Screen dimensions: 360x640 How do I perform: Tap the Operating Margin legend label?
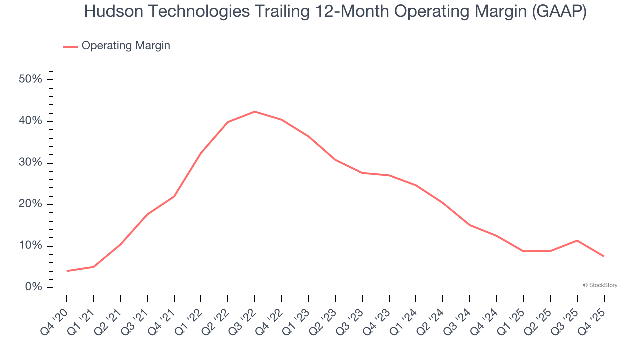point(126,46)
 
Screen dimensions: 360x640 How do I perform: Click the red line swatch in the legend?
point(70,46)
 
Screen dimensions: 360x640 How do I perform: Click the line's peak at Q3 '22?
point(255,111)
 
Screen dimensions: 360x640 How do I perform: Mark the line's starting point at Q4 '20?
point(67,271)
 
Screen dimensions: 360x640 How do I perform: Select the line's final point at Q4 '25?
point(604,256)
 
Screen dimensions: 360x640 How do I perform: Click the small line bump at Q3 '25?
point(577,240)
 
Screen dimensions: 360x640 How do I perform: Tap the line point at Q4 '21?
point(174,196)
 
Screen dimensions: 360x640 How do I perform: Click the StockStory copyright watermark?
point(600,285)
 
